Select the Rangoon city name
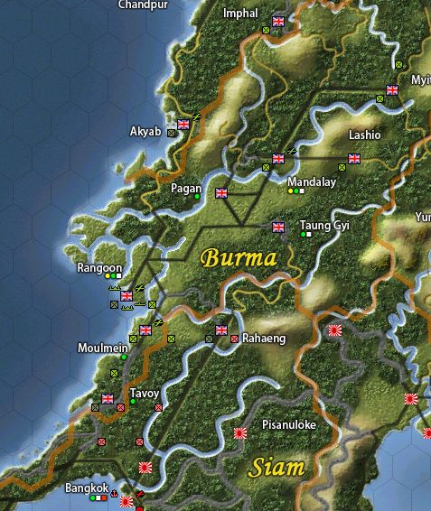99,268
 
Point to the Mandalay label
311,181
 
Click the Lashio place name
365,135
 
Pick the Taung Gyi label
323,225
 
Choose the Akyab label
145,132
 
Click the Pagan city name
185,189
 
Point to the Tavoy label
145,394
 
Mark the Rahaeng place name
263,339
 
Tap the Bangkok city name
87,488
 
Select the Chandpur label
143,5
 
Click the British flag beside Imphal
278,21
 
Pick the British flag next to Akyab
184,125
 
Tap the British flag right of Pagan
222,192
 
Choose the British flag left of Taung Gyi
278,227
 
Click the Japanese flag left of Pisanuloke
240,433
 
